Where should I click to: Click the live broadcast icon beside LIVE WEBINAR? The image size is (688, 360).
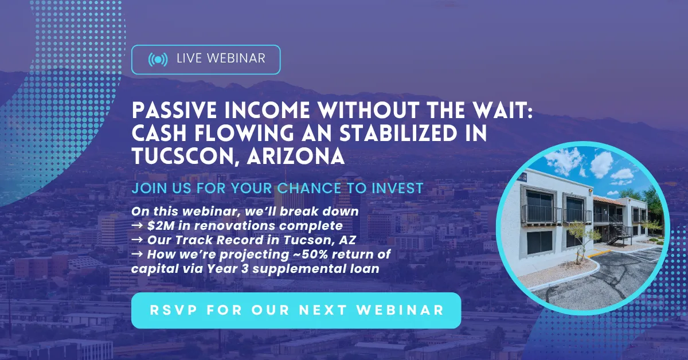pos(158,60)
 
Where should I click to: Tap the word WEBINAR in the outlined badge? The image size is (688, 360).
pos(236,58)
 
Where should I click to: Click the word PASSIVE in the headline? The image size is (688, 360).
pos(174,110)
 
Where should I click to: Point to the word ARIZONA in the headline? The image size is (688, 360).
pos(296,156)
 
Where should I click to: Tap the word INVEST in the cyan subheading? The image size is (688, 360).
pos(397,188)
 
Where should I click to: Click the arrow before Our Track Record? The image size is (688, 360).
pos(137,240)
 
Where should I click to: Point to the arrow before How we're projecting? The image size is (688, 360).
pos(137,255)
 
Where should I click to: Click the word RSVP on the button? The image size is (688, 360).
pos(174,310)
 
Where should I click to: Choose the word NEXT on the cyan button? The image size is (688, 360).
pos(323,310)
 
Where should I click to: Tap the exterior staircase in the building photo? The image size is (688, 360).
pos(617,229)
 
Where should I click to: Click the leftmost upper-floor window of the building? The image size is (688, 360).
pos(540,205)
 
